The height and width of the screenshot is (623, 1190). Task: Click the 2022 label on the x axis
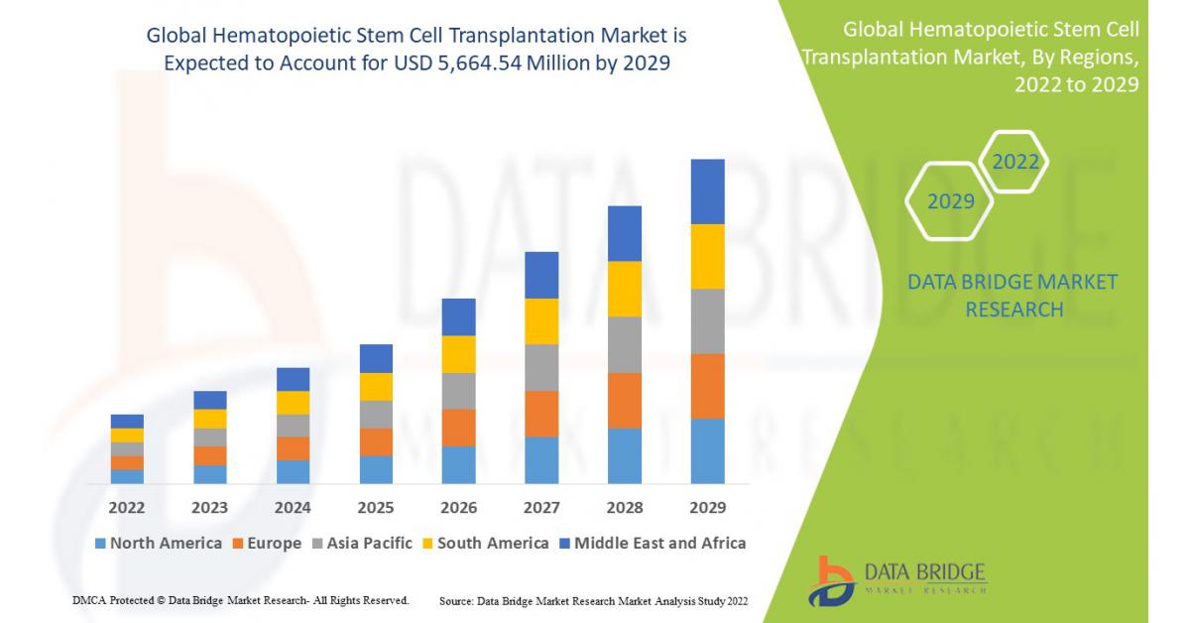point(127,508)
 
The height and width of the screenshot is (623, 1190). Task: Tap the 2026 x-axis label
point(458,508)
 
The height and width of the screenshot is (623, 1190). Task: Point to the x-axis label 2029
point(707,508)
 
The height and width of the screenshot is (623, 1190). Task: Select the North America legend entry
point(159,543)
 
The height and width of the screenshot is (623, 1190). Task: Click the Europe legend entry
point(267,543)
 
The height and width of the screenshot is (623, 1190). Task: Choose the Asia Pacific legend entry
point(363,543)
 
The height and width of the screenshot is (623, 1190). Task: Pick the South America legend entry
point(485,543)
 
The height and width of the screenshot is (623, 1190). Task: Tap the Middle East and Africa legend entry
point(653,543)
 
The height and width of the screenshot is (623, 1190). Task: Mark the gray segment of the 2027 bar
point(541,367)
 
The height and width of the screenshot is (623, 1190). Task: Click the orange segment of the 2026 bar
point(458,428)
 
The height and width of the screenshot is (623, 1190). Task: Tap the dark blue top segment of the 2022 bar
point(127,421)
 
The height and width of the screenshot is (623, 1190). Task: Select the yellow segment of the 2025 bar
point(376,386)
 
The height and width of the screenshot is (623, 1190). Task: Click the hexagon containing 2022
point(1014,162)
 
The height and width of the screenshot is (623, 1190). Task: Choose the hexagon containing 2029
point(950,201)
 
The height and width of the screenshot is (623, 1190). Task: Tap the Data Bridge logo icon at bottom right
point(832,580)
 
